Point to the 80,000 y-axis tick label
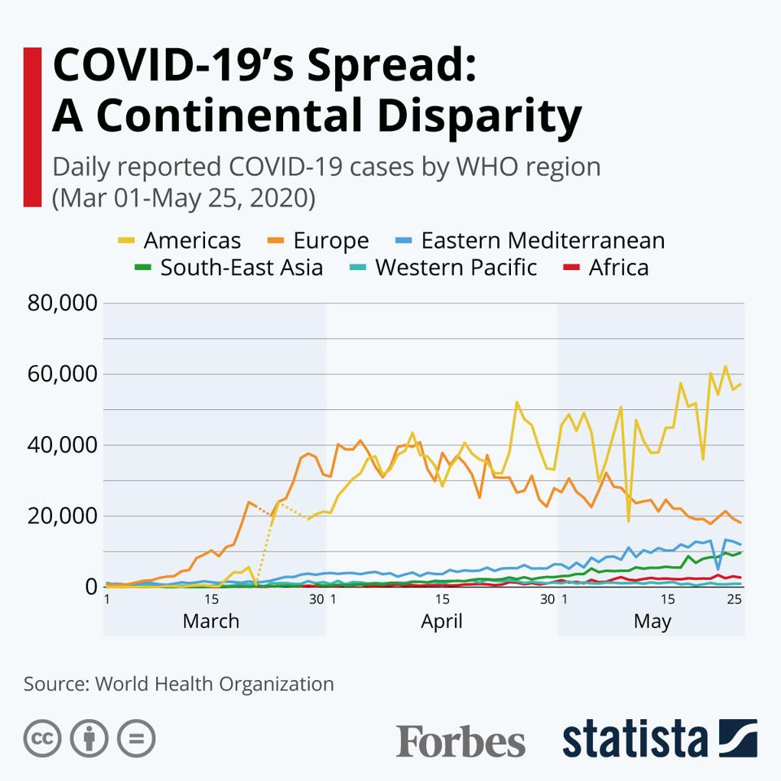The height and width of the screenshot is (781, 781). coord(63,304)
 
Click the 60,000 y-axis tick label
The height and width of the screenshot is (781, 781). coord(63,375)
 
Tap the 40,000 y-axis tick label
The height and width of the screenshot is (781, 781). coord(63,446)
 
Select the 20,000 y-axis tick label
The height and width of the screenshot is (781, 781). coord(63,517)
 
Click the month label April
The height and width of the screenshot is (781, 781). coord(442,622)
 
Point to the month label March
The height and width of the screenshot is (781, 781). coord(211,622)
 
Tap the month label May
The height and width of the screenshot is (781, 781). coord(652,622)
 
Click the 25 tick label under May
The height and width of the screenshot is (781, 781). coord(734,600)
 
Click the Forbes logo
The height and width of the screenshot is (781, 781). coord(460,741)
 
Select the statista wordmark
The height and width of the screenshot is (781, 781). coord(635,740)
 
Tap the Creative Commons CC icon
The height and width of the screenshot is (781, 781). coord(42,739)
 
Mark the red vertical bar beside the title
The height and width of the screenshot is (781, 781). coord(33,126)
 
